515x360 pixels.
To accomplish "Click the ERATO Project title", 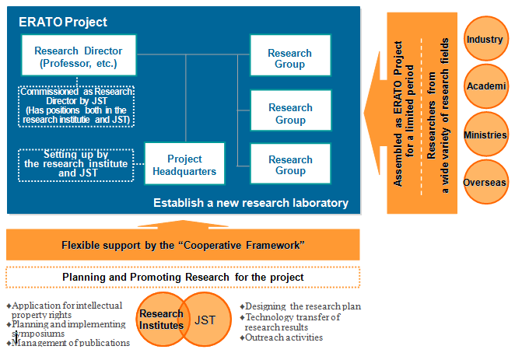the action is point(63,23).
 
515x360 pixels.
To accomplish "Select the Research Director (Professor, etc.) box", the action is point(79,55).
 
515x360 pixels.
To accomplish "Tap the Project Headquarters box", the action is point(184,163).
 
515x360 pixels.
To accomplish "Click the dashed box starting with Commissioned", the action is point(76,106).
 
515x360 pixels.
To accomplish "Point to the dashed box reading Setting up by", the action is point(76,165).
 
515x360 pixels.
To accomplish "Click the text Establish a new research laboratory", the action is point(250,203).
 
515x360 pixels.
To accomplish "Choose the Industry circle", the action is point(485,39).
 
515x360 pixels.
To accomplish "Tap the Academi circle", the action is point(485,86).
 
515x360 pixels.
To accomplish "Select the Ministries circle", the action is point(485,135).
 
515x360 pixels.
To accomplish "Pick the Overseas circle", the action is point(485,182).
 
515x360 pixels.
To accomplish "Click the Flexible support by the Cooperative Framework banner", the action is point(183,245).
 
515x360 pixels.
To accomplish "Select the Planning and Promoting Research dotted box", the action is point(183,278).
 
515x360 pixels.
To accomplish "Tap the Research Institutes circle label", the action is point(161,320).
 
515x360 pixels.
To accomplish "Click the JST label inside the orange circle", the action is point(205,320).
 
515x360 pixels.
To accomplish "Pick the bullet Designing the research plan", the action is point(300,306).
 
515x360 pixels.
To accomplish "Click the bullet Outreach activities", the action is point(282,337).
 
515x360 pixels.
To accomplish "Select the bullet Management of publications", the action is point(68,343).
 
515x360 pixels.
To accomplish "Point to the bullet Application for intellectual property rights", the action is point(65,310).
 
